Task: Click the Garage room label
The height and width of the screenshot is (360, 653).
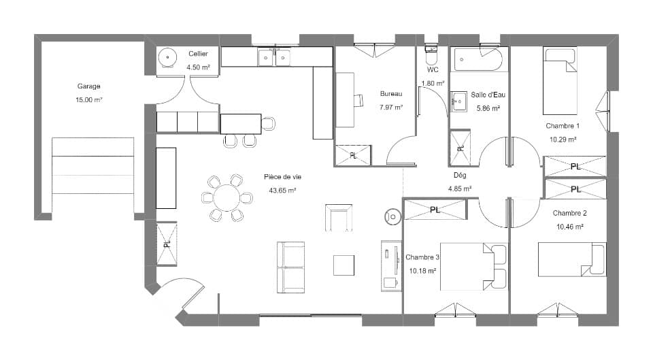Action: [x=88, y=86]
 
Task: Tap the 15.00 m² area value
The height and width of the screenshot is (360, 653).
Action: [x=88, y=99]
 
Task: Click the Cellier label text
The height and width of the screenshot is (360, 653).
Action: [x=199, y=54]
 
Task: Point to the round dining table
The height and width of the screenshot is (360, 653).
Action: [x=224, y=198]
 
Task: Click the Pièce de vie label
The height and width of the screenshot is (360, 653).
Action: [x=282, y=177]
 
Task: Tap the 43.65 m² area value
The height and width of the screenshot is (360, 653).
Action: [x=282, y=191]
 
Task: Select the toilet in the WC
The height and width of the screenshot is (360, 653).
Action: [x=431, y=54]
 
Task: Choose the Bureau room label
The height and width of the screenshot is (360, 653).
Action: [x=391, y=94]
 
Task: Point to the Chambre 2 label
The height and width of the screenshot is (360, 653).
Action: [x=570, y=213]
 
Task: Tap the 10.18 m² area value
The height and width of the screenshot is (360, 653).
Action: [x=422, y=270]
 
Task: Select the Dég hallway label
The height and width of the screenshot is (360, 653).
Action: [x=460, y=175]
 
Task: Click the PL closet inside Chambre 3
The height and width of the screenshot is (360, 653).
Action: [x=435, y=210]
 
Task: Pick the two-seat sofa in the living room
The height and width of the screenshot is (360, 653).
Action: [x=290, y=267]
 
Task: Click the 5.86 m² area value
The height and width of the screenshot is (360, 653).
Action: [x=488, y=108]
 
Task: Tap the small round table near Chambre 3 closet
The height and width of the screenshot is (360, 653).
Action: [x=393, y=216]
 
